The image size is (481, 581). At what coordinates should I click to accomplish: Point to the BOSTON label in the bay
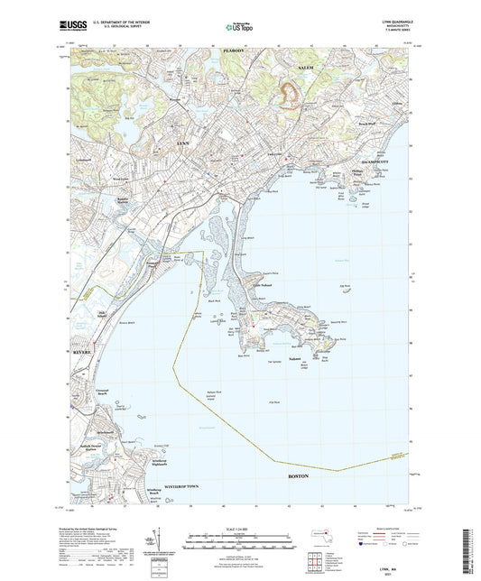(x=298, y=475)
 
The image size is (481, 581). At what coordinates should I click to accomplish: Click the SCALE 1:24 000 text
(x=240, y=528)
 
